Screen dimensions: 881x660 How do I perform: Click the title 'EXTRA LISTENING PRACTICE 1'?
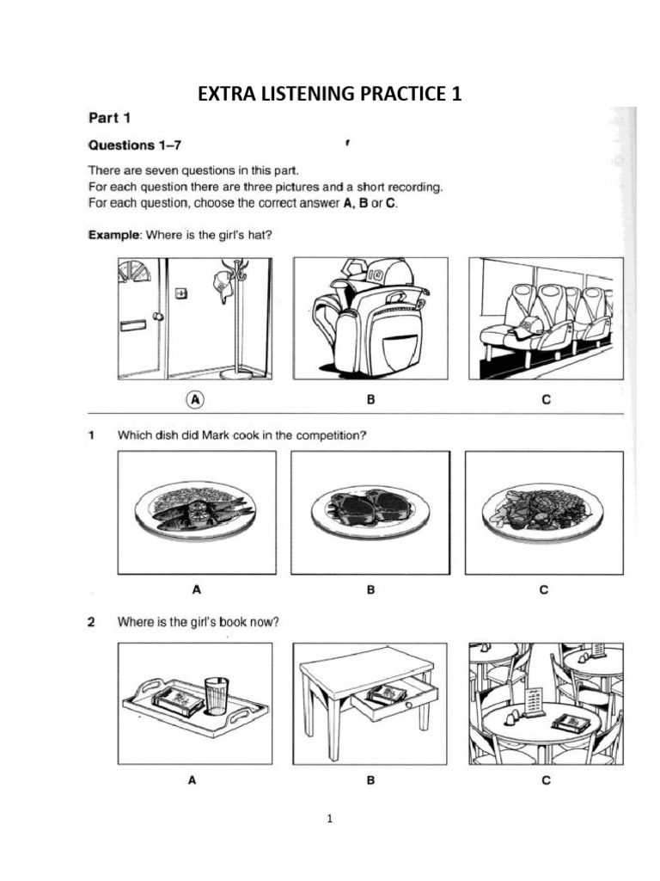click(x=330, y=94)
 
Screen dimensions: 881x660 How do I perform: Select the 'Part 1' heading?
click(x=108, y=117)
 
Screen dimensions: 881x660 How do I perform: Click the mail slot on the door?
click(x=133, y=326)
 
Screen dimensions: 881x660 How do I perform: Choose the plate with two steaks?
click(x=369, y=507)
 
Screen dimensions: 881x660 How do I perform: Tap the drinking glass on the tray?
click(x=217, y=695)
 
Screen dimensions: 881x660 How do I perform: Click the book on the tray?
click(x=179, y=699)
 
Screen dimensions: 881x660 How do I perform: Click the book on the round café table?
click(x=571, y=722)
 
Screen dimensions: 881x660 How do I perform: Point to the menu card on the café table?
click(x=535, y=700)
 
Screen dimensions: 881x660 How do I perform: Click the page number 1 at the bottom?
click(x=329, y=818)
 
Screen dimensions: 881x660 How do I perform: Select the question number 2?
click(x=90, y=623)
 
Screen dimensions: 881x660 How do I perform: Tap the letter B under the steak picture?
click(x=370, y=590)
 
